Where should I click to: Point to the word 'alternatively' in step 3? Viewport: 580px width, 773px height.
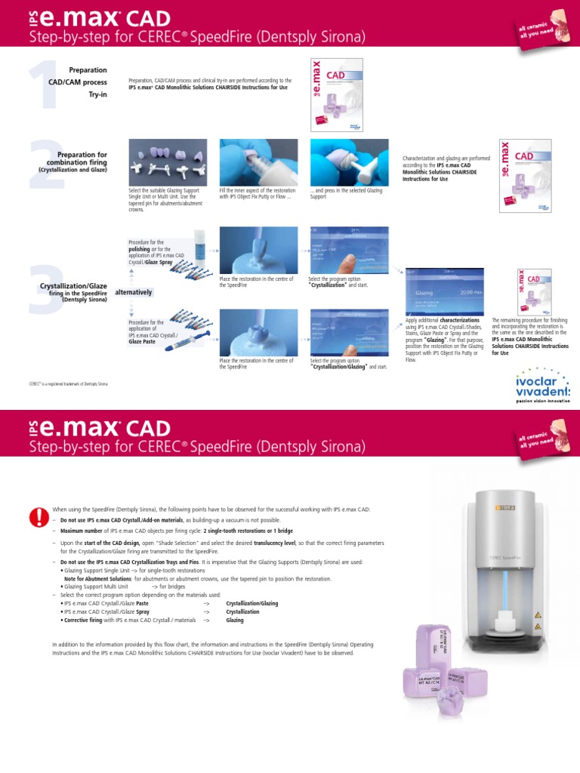pyautogui.click(x=134, y=292)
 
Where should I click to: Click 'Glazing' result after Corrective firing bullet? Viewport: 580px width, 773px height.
pyautogui.click(x=234, y=620)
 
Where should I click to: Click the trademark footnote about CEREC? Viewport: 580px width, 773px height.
pyautogui.click(x=69, y=384)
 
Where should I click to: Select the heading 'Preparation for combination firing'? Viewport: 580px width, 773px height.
pyautogui.click(x=76, y=159)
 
